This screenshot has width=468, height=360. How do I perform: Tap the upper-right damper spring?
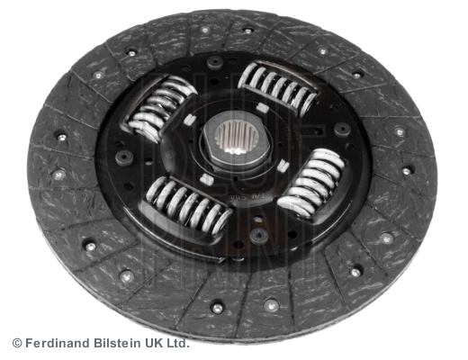pos(279,87)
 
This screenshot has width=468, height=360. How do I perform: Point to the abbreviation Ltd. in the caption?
pos(177,343)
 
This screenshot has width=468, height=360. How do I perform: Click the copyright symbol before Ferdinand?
pos(16,343)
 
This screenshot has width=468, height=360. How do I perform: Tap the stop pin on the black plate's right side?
pos(342,129)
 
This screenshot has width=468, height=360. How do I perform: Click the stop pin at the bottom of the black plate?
pos(259,234)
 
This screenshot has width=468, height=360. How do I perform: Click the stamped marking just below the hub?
pos(241,188)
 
